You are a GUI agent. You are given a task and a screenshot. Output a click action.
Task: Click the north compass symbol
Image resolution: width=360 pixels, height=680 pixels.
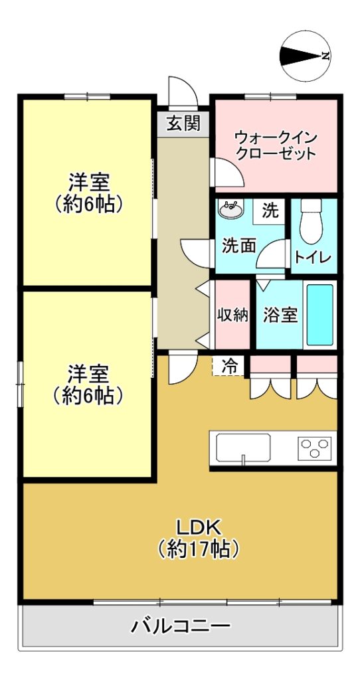[306, 56]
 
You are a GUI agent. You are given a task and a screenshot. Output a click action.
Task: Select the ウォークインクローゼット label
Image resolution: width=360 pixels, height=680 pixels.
[276, 145]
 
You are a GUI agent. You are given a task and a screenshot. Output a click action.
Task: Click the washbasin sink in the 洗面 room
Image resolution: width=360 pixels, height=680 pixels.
[231, 209]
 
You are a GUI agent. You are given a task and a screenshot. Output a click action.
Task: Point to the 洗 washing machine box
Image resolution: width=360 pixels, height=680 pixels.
[270, 211]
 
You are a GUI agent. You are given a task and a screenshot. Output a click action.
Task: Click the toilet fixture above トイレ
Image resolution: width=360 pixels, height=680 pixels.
[311, 221]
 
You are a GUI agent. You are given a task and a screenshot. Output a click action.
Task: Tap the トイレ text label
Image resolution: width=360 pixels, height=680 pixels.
[313, 257]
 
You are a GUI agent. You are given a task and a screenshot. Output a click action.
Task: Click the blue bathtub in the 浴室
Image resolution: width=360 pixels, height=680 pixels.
[319, 314]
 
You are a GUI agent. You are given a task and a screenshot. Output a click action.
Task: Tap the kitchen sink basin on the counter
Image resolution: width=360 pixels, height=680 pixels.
[243, 448]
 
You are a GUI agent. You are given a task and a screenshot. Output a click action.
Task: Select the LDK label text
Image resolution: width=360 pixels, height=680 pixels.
[199, 527]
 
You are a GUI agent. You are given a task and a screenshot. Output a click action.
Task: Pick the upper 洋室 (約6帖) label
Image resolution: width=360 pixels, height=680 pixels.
[88, 193]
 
